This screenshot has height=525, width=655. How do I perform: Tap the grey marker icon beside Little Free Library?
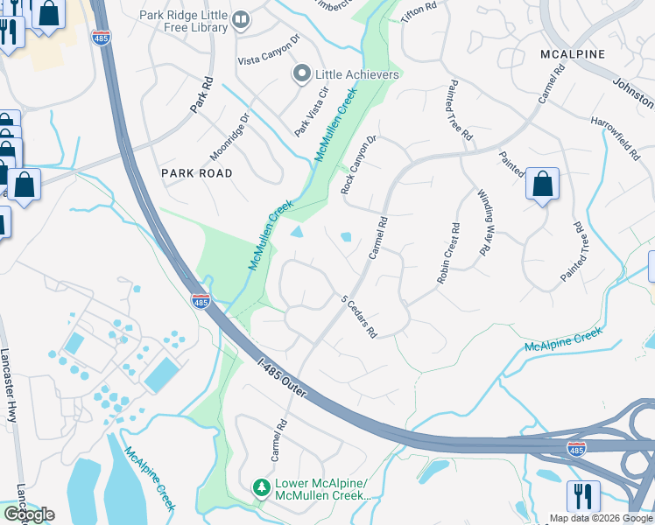pos(242,18)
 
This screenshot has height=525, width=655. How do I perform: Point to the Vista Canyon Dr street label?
pos(269,61)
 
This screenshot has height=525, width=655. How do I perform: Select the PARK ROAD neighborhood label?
pos(197,173)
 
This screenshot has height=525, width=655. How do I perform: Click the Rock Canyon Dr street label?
pos(357,164)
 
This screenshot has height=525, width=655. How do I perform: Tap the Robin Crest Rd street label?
pos(448,254)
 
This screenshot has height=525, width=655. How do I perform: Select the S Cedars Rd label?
pos(358,316)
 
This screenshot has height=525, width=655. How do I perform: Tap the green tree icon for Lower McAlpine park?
pos(260,486)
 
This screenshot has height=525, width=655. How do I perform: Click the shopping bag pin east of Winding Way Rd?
pos(542,185)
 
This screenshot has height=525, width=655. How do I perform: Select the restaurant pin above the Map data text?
pos(582,496)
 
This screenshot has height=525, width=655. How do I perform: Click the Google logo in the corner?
pos(29,514)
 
